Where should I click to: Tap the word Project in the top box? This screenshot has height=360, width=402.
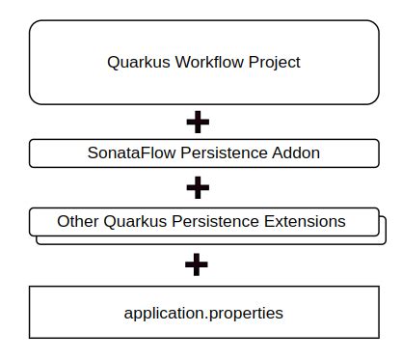click(x=273, y=63)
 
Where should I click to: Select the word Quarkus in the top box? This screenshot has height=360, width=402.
click(x=135, y=63)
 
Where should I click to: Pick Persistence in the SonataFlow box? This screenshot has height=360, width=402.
click(x=216, y=152)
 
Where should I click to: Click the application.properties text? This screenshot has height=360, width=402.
click(x=203, y=313)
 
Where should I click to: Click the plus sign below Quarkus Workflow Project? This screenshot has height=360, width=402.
click(x=197, y=123)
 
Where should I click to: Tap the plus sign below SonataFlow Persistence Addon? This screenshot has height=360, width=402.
click(x=197, y=186)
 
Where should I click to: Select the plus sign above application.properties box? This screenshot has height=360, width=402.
click(x=197, y=264)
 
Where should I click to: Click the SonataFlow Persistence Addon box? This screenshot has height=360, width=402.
click(x=48, y=152)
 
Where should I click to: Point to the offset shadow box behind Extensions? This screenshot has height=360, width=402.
click(x=383, y=232)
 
